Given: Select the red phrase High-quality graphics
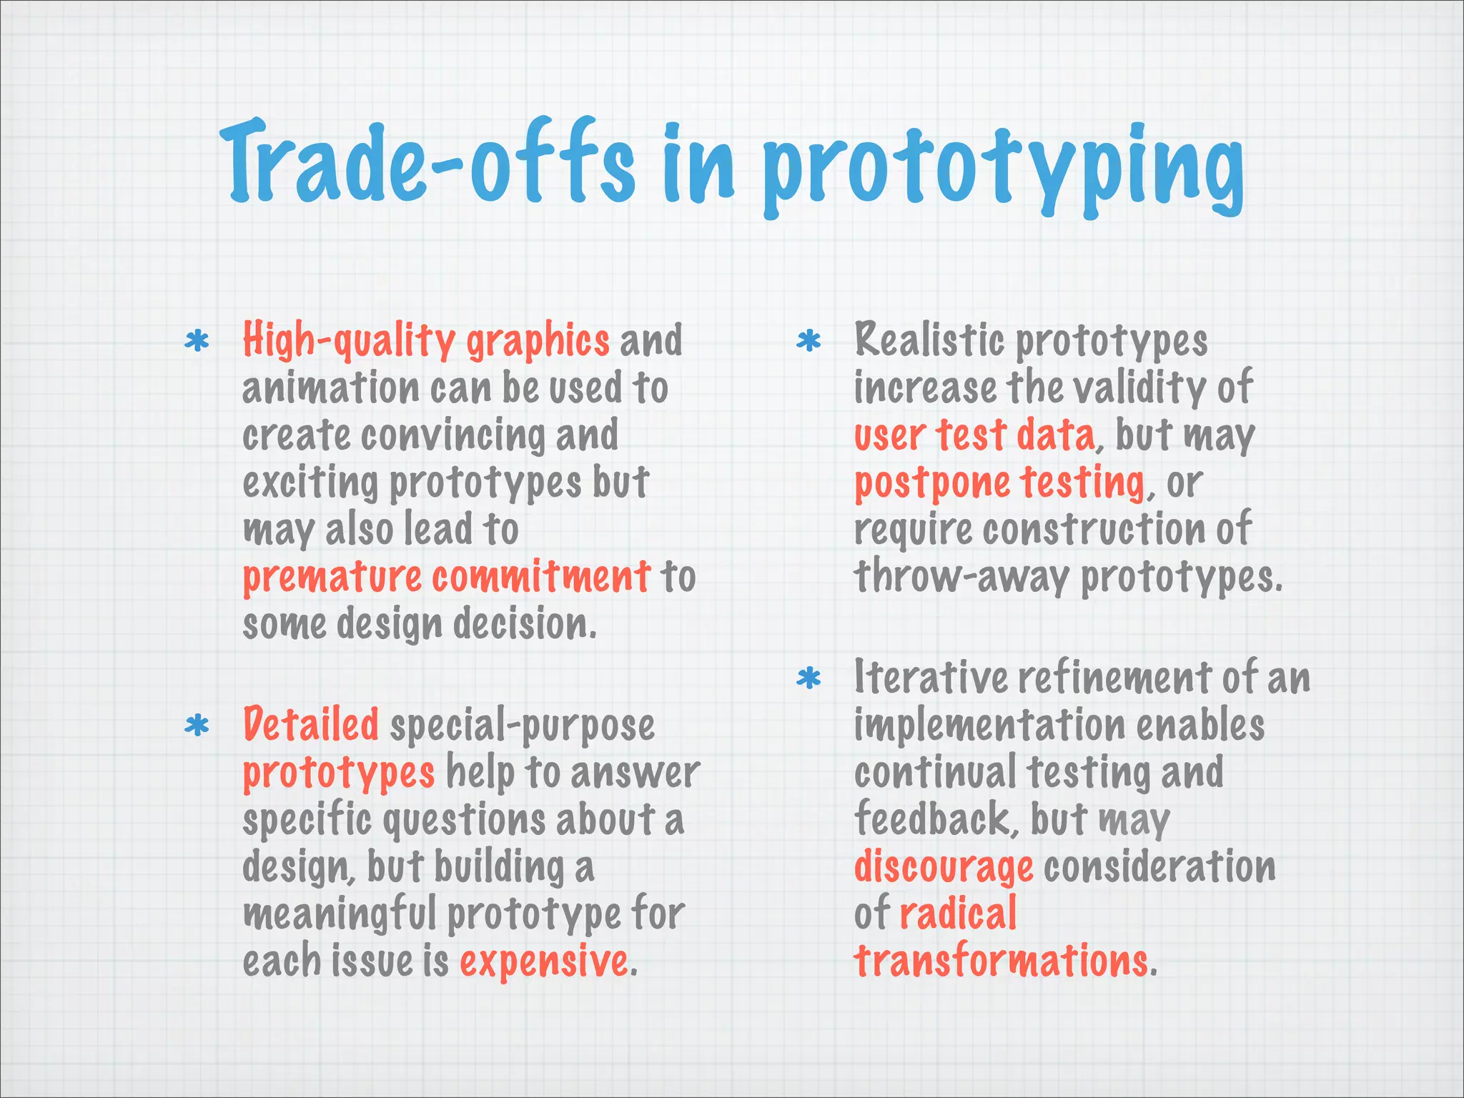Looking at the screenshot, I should click(426, 340).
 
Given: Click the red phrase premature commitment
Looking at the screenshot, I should click(446, 577).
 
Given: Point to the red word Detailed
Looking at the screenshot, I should click(311, 724).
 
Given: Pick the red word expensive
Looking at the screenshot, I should click(544, 961).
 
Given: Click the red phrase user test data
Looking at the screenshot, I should click(974, 435).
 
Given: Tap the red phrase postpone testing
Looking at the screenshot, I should click(999, 483).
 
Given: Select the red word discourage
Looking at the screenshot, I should click(944, 867).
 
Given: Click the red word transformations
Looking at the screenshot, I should click(1001, 961).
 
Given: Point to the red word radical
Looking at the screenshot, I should click(958, 914).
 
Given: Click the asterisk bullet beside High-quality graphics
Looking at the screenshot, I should click(197, 341).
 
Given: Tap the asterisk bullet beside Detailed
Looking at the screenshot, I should click(197, 726).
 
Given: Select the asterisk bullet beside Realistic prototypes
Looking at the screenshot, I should click(808, 341).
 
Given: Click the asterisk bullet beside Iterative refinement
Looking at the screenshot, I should click(808, 678).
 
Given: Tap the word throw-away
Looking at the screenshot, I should click(961, 578).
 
